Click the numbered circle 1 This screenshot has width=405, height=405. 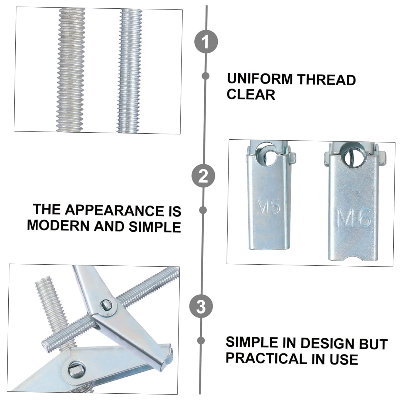tap(206, 42)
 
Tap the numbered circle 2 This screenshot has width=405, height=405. tap(203, 176)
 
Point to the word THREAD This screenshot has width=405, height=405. tap(326, 80)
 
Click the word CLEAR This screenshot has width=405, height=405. tap(251, 94)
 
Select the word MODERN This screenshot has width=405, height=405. tap(59, 226)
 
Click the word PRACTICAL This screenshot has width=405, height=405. tap(266, 358)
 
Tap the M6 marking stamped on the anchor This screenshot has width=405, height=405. tap(354, 218)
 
